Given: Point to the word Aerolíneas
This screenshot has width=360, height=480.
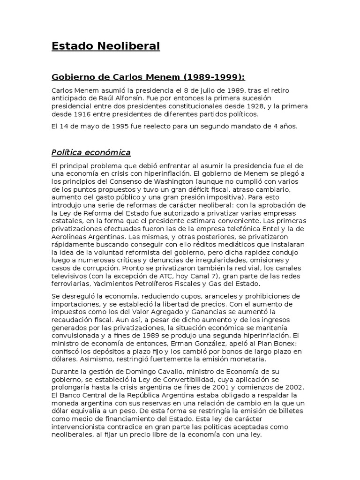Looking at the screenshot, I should tap(69, 236).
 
